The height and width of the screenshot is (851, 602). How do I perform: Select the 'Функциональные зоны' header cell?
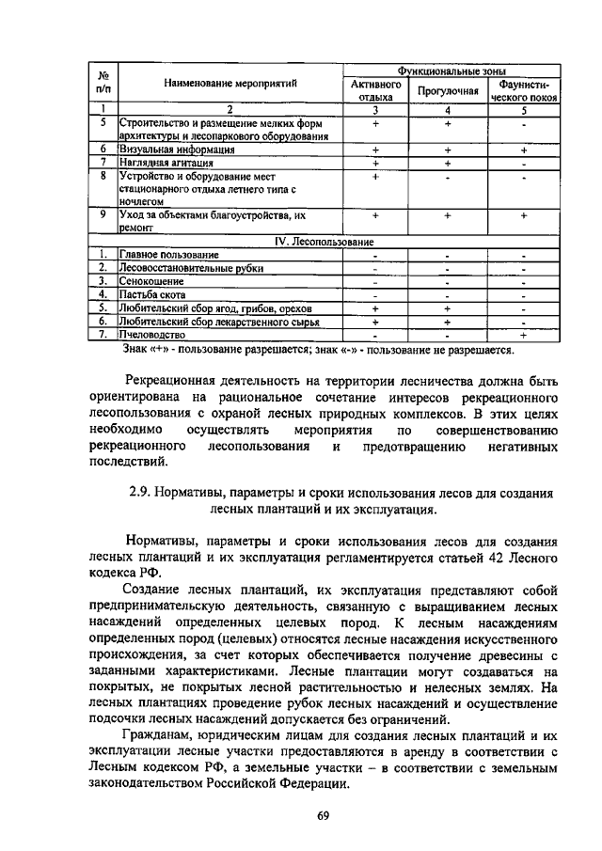(450, 71)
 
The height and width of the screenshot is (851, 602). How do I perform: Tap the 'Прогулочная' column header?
(449, 90)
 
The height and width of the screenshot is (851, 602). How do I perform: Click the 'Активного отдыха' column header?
(375, 90)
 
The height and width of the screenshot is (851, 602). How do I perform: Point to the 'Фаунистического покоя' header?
(524, 90)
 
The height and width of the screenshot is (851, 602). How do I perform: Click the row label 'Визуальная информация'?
(176, 150)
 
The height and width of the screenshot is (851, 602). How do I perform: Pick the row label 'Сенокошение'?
(150, 281)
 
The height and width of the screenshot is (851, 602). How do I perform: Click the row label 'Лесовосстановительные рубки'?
(191, 268)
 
